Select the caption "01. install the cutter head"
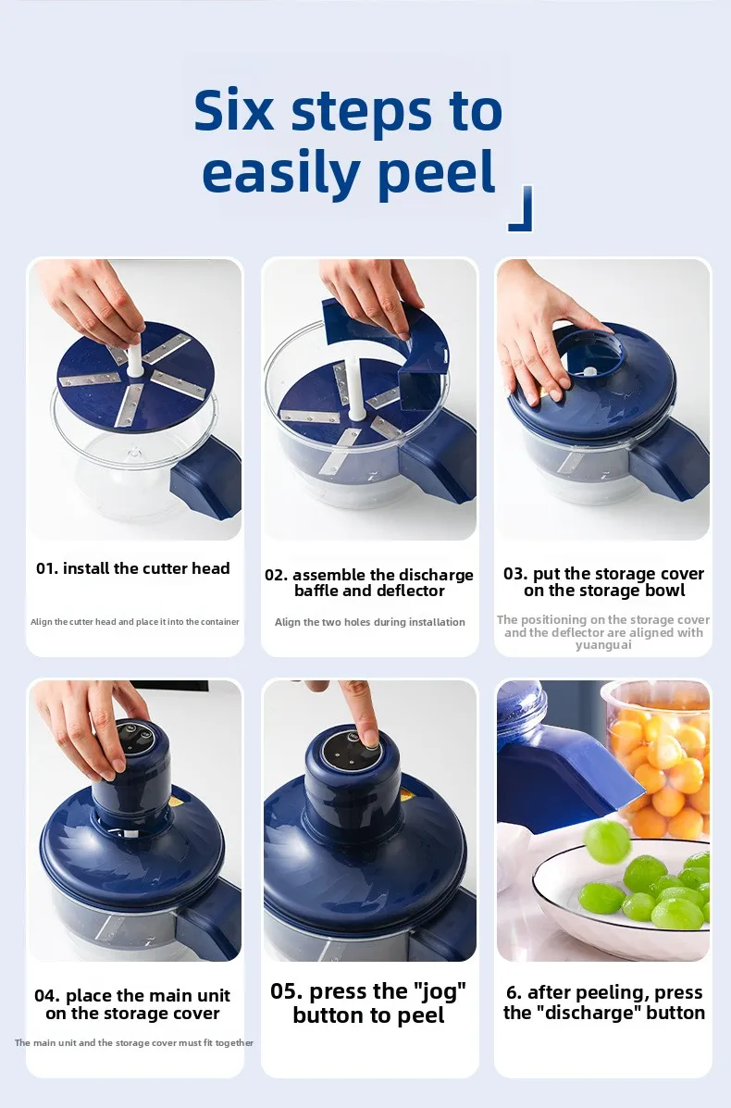pyautogui.click(x=133, y=568)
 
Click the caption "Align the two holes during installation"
pyautogui.click(x=369, y=622)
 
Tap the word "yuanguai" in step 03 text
pyautogui.click(x=603, y=645)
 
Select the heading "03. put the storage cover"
pyautogui.click(x=603, y=574)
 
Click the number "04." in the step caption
pyautogui.click(x=47, y=996)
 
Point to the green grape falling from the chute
pyautogui.click(x=606, y=840)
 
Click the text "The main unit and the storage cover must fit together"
pyautogui.click(x=134, y=1042)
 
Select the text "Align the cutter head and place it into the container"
pyautogui.click(x=135, y=622)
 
